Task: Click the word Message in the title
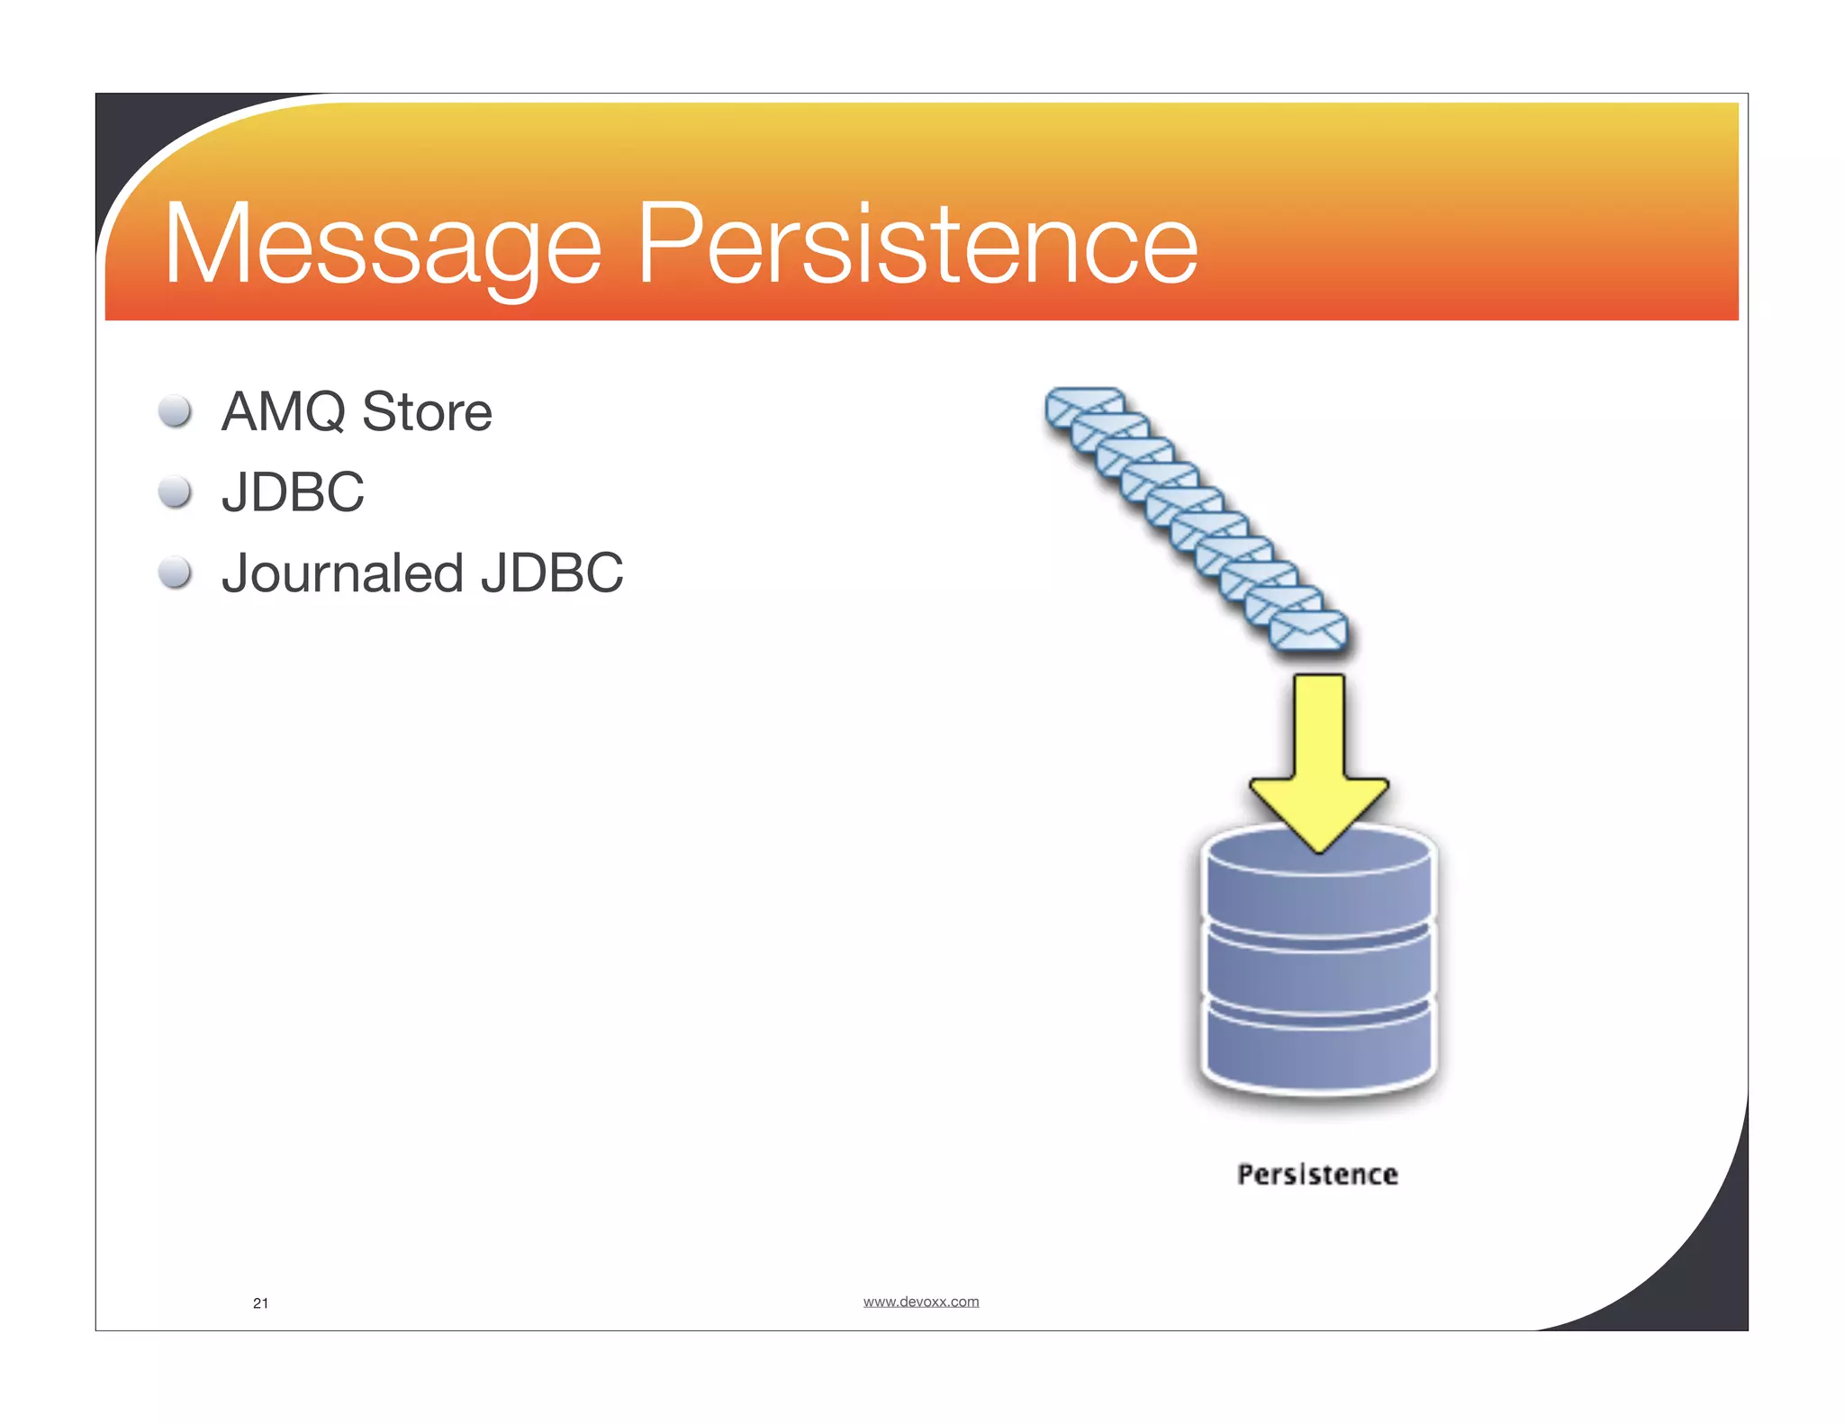[382, 245]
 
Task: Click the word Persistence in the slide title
[917, 245]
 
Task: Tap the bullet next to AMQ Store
[175, 411]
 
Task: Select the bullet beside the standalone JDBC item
[175, 492]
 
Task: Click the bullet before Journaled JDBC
[175, 572]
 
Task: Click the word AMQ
[284, 412]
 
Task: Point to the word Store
[427, 412]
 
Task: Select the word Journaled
[342, 573]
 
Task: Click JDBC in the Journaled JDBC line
[551, 573]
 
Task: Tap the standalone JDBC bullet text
[293, 492]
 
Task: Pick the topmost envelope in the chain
[1084, 405]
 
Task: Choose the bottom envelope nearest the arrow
[1308, 631]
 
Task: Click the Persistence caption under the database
[1317, 1175]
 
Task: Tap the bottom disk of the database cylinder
[1317, 1049]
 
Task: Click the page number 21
[260, 1303]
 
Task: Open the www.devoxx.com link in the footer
[920, 1302]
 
